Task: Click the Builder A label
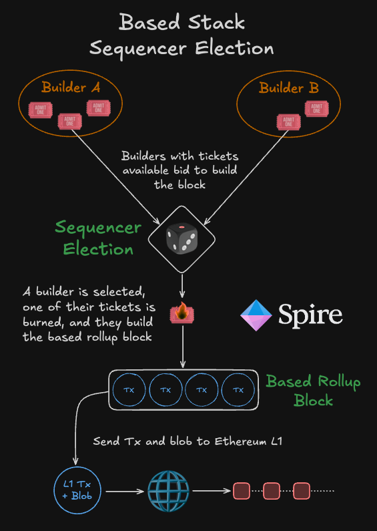[69, 87]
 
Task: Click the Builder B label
[289, 87]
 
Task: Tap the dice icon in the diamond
[181, 238]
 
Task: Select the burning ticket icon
[182, 311]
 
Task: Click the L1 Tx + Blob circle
[76, 492]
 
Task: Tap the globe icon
[168, 492]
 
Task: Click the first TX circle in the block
[129, 389]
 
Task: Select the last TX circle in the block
[238, 389]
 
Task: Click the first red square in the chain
[241, 492]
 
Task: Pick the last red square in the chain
[302, 492]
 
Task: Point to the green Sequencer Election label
[98, 238]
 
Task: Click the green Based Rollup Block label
[313, 391]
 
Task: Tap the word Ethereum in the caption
[230, 441]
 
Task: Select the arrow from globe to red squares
[211, 492]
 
